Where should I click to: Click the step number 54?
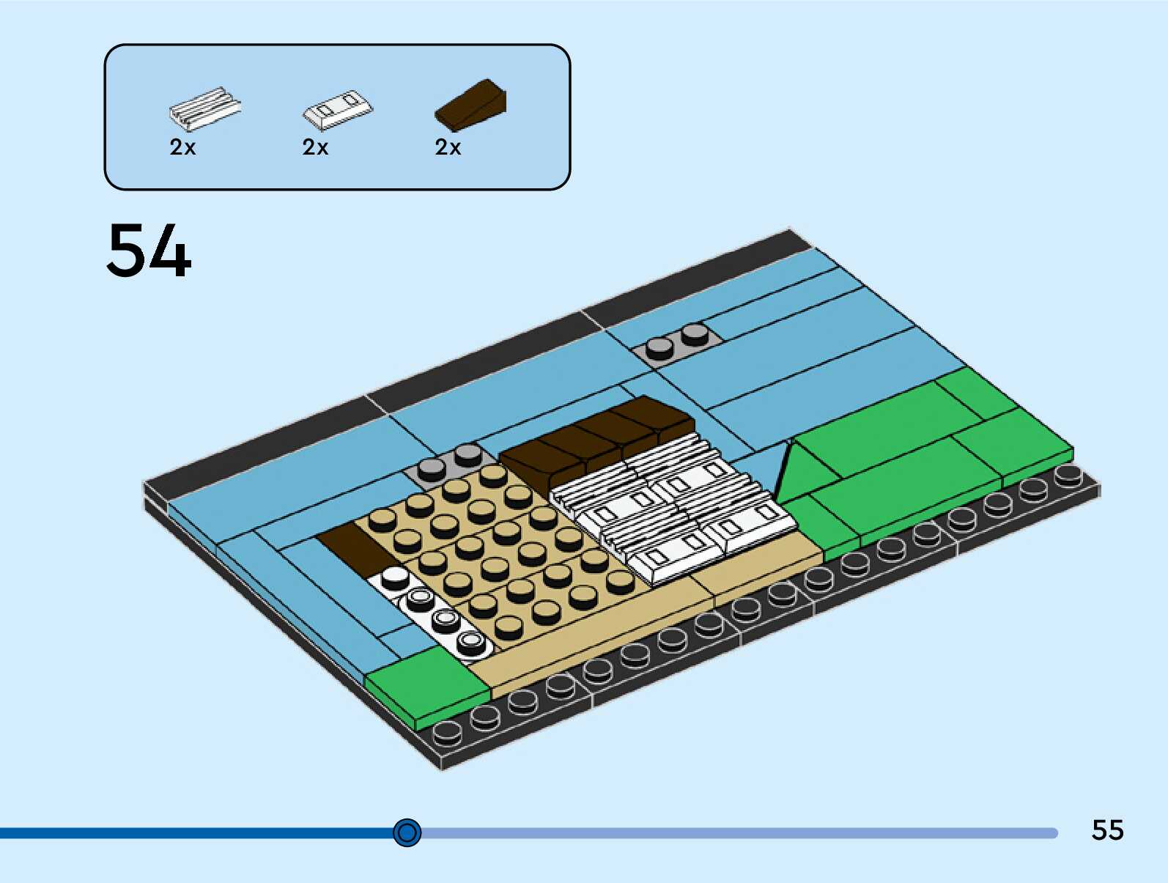click(x=149, y=251)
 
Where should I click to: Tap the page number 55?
click(x=1107, y=830)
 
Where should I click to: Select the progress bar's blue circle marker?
click(x=407, y=832)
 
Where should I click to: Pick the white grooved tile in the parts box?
click(x=204, y=108)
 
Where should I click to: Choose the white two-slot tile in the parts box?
click(x=338, y=109)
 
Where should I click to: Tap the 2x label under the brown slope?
click(x=448, y=147)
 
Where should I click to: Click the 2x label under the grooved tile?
click(x=182, y=147)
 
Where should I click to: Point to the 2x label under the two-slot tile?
click(x=315, y=147)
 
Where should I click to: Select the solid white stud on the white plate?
click(x=395, y=578)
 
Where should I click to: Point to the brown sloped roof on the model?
click(x=597, y=439)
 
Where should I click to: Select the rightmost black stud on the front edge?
click(x=1068, y=476)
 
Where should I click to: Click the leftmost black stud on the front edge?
click(x=447, y=731)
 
